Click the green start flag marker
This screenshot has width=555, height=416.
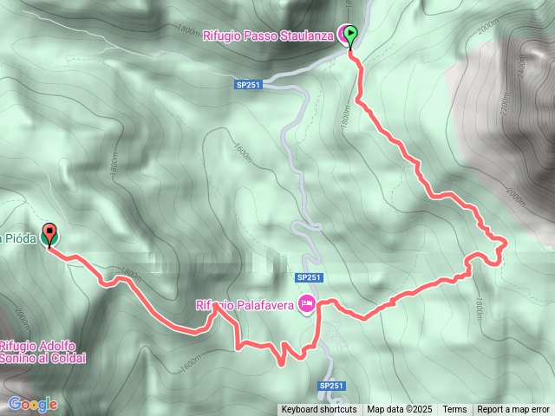350,36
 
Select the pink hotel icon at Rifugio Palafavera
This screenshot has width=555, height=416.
306,303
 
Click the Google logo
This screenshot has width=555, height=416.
33,404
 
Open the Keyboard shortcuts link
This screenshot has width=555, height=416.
318,410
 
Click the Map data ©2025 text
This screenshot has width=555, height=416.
399,410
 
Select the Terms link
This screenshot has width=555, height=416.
454,410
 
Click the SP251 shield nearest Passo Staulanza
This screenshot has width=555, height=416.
248,84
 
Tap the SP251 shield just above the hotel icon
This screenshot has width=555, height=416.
309,277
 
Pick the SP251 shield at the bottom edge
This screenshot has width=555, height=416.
332,386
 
